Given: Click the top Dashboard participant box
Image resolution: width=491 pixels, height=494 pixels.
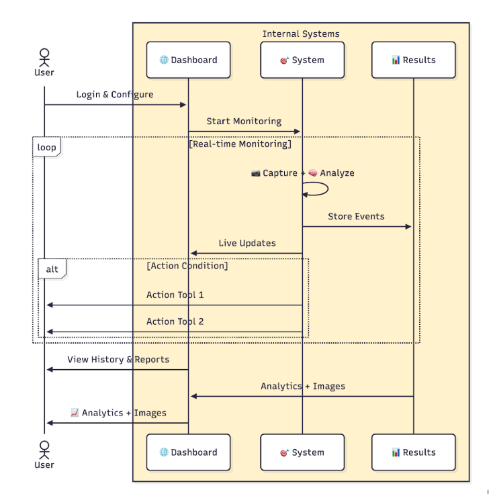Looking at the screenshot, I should pos(188,60).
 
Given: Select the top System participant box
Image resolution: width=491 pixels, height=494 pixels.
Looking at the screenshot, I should pos(302,60).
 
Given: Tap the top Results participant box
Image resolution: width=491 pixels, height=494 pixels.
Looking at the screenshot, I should pos(414,60).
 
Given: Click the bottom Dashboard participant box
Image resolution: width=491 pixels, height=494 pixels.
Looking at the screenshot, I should pos(188,452).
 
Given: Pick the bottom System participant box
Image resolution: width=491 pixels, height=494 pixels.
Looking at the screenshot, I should pos(302,452).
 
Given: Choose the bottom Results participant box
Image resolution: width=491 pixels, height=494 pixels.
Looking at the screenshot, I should pos(414,452).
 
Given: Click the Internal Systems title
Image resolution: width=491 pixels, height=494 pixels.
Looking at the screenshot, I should pos(301,34).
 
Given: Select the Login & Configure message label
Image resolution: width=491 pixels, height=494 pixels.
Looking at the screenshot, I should pos(115,95).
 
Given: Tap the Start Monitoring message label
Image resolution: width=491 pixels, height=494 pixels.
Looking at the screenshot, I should pos(244,121).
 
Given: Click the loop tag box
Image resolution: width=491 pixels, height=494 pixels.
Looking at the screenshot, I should pos(46,147).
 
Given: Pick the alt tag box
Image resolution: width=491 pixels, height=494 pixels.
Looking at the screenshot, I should pos(52,269).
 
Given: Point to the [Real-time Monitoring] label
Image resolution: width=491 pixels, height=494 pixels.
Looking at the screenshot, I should pos(240,144).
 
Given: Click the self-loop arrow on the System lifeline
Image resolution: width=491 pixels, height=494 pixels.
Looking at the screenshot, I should pos(317,189).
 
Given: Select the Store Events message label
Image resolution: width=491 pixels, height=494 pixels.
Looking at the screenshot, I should pos(356,216).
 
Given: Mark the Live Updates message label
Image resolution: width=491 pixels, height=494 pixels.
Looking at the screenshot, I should pos(247,243).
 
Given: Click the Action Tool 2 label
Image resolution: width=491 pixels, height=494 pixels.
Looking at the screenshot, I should pos(175,322).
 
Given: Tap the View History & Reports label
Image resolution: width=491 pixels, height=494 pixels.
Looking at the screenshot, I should pos(118,360).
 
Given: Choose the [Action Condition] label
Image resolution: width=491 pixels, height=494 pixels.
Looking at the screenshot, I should pos(187,266).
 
